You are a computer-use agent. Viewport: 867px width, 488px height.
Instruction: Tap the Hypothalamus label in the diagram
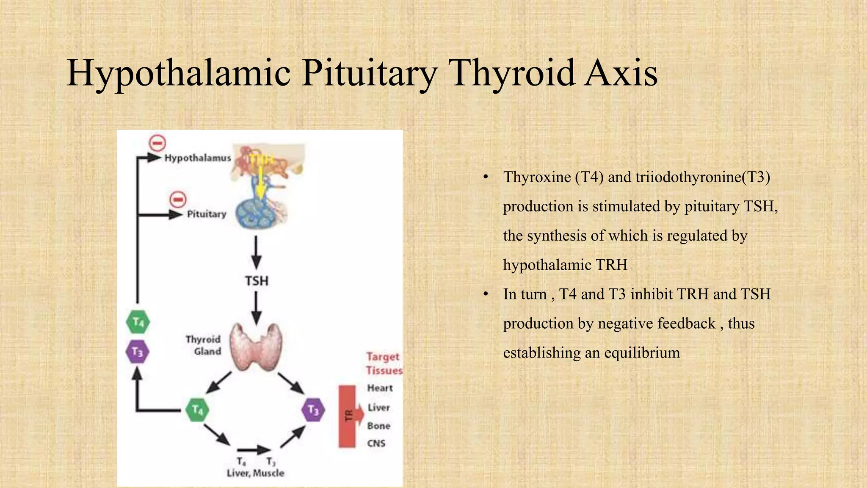(198, 158)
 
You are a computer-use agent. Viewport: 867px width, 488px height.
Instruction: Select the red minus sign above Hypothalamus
(157, 144)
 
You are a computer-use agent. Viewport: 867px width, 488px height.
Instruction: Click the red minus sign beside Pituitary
(178, 200)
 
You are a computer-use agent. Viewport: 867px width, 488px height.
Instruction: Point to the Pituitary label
(207, 214)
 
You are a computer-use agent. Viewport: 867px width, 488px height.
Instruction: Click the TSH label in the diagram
(257, 281)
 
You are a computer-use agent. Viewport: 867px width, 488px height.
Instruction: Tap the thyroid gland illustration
(256, 347)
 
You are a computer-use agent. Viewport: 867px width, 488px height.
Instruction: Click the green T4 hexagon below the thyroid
(198, 410)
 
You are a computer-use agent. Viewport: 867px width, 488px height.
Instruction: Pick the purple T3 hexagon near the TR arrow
(313, 410)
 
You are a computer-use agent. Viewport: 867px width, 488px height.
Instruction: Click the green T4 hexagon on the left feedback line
(138, 322)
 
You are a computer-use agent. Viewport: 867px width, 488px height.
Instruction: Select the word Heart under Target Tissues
(380, 388)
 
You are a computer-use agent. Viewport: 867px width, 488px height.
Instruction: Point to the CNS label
(376, 444)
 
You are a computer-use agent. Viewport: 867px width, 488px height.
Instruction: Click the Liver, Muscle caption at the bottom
(255, 473)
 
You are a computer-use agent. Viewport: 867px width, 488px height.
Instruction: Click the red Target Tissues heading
(384, 363)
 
